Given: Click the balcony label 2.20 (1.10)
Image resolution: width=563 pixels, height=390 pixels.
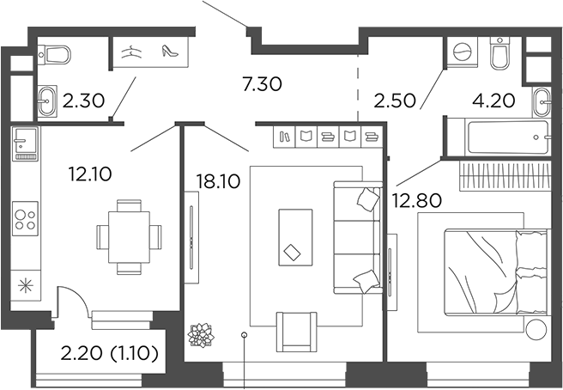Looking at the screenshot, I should [x=109, y=352].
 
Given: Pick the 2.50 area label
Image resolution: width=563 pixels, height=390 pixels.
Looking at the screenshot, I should [x=394, y=100].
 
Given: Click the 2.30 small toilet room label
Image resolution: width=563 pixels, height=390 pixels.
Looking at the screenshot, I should [x=83, y=101].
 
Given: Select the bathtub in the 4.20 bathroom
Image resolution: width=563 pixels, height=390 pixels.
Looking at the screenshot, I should [x=497, y=137].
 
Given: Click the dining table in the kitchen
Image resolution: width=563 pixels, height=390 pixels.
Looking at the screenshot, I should [x=129, y=236].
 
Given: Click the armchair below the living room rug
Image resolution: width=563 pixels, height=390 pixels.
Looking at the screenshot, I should [x=295, y=331].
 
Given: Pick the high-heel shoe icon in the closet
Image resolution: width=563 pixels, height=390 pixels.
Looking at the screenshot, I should [x=168, y=52].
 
